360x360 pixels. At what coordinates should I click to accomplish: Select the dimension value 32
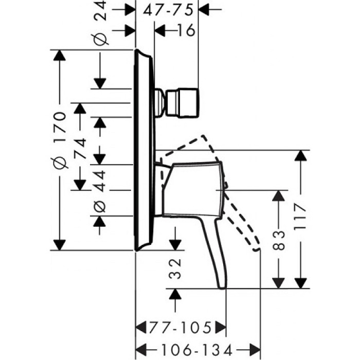tap(175, 268)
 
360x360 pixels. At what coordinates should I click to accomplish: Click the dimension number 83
tap(279, 238)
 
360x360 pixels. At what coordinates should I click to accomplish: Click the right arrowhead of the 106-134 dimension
tap(255, 349)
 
